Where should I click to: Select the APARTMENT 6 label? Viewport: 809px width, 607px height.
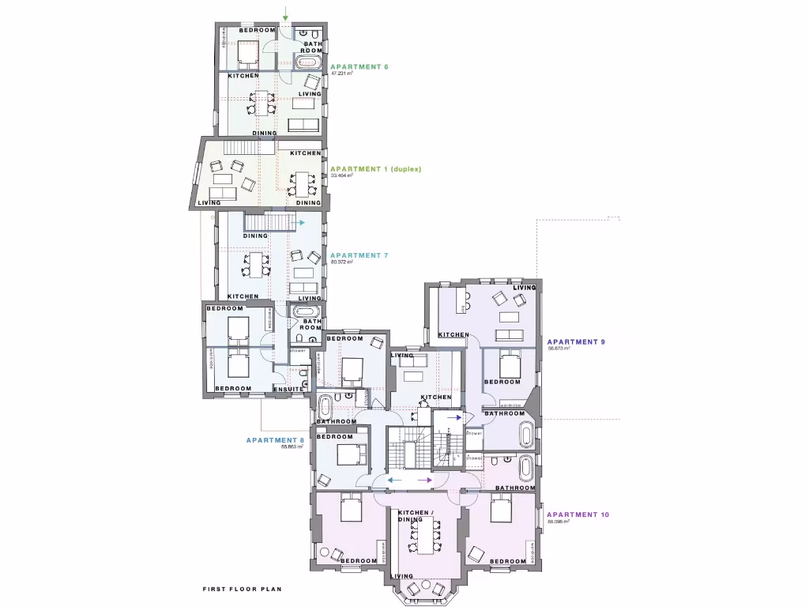(x=359, y=66)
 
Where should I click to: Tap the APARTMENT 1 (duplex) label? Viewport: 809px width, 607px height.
(x=376, y=169)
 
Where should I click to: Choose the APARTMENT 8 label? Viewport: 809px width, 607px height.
(x=275, y=440)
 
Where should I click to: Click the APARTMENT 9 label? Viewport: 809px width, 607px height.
(x=576, y=341)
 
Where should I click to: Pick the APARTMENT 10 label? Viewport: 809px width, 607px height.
(x=578, y=515)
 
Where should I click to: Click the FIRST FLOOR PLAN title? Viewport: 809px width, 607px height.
(x=242, y=589)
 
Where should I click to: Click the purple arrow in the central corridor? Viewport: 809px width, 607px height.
(x=424, y=480)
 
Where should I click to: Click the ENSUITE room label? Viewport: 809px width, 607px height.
(x=289, y=389)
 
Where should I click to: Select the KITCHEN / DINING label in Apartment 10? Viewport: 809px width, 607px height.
(x=416, y=516)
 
